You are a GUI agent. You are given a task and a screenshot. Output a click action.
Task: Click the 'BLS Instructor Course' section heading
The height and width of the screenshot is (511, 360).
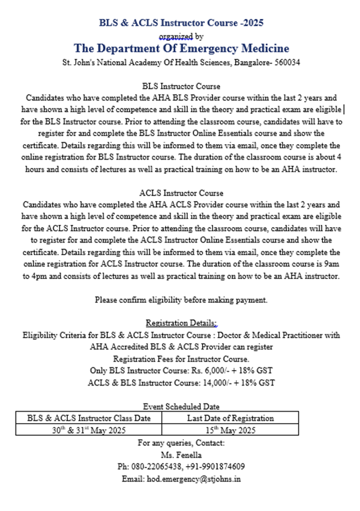tap(181, 86)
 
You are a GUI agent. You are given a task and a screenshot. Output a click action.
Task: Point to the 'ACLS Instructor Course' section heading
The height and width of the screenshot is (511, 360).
tap(181, 193)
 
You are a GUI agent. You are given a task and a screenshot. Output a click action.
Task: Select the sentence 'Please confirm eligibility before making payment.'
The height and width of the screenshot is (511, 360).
tap(181, 300)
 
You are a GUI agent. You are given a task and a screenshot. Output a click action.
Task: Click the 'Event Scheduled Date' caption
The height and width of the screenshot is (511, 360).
tap(181, 407)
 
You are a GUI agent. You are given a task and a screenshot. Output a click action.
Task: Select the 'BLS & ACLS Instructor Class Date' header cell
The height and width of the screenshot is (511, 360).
tap(89, 418)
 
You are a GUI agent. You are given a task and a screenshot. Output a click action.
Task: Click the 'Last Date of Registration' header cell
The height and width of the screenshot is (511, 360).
tap(230, 418)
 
